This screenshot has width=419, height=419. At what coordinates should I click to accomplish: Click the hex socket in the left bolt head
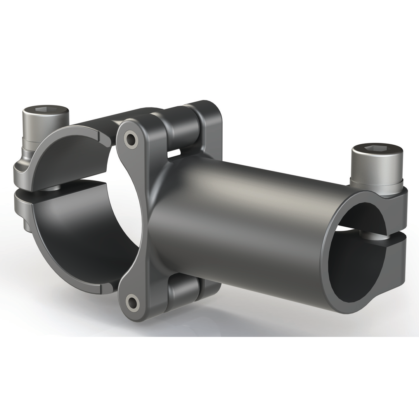[x=45, y=110]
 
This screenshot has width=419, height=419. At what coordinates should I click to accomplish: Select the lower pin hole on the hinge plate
[x=133, y=302]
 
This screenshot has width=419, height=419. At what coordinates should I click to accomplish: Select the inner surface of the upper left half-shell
[x=74, y=155]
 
